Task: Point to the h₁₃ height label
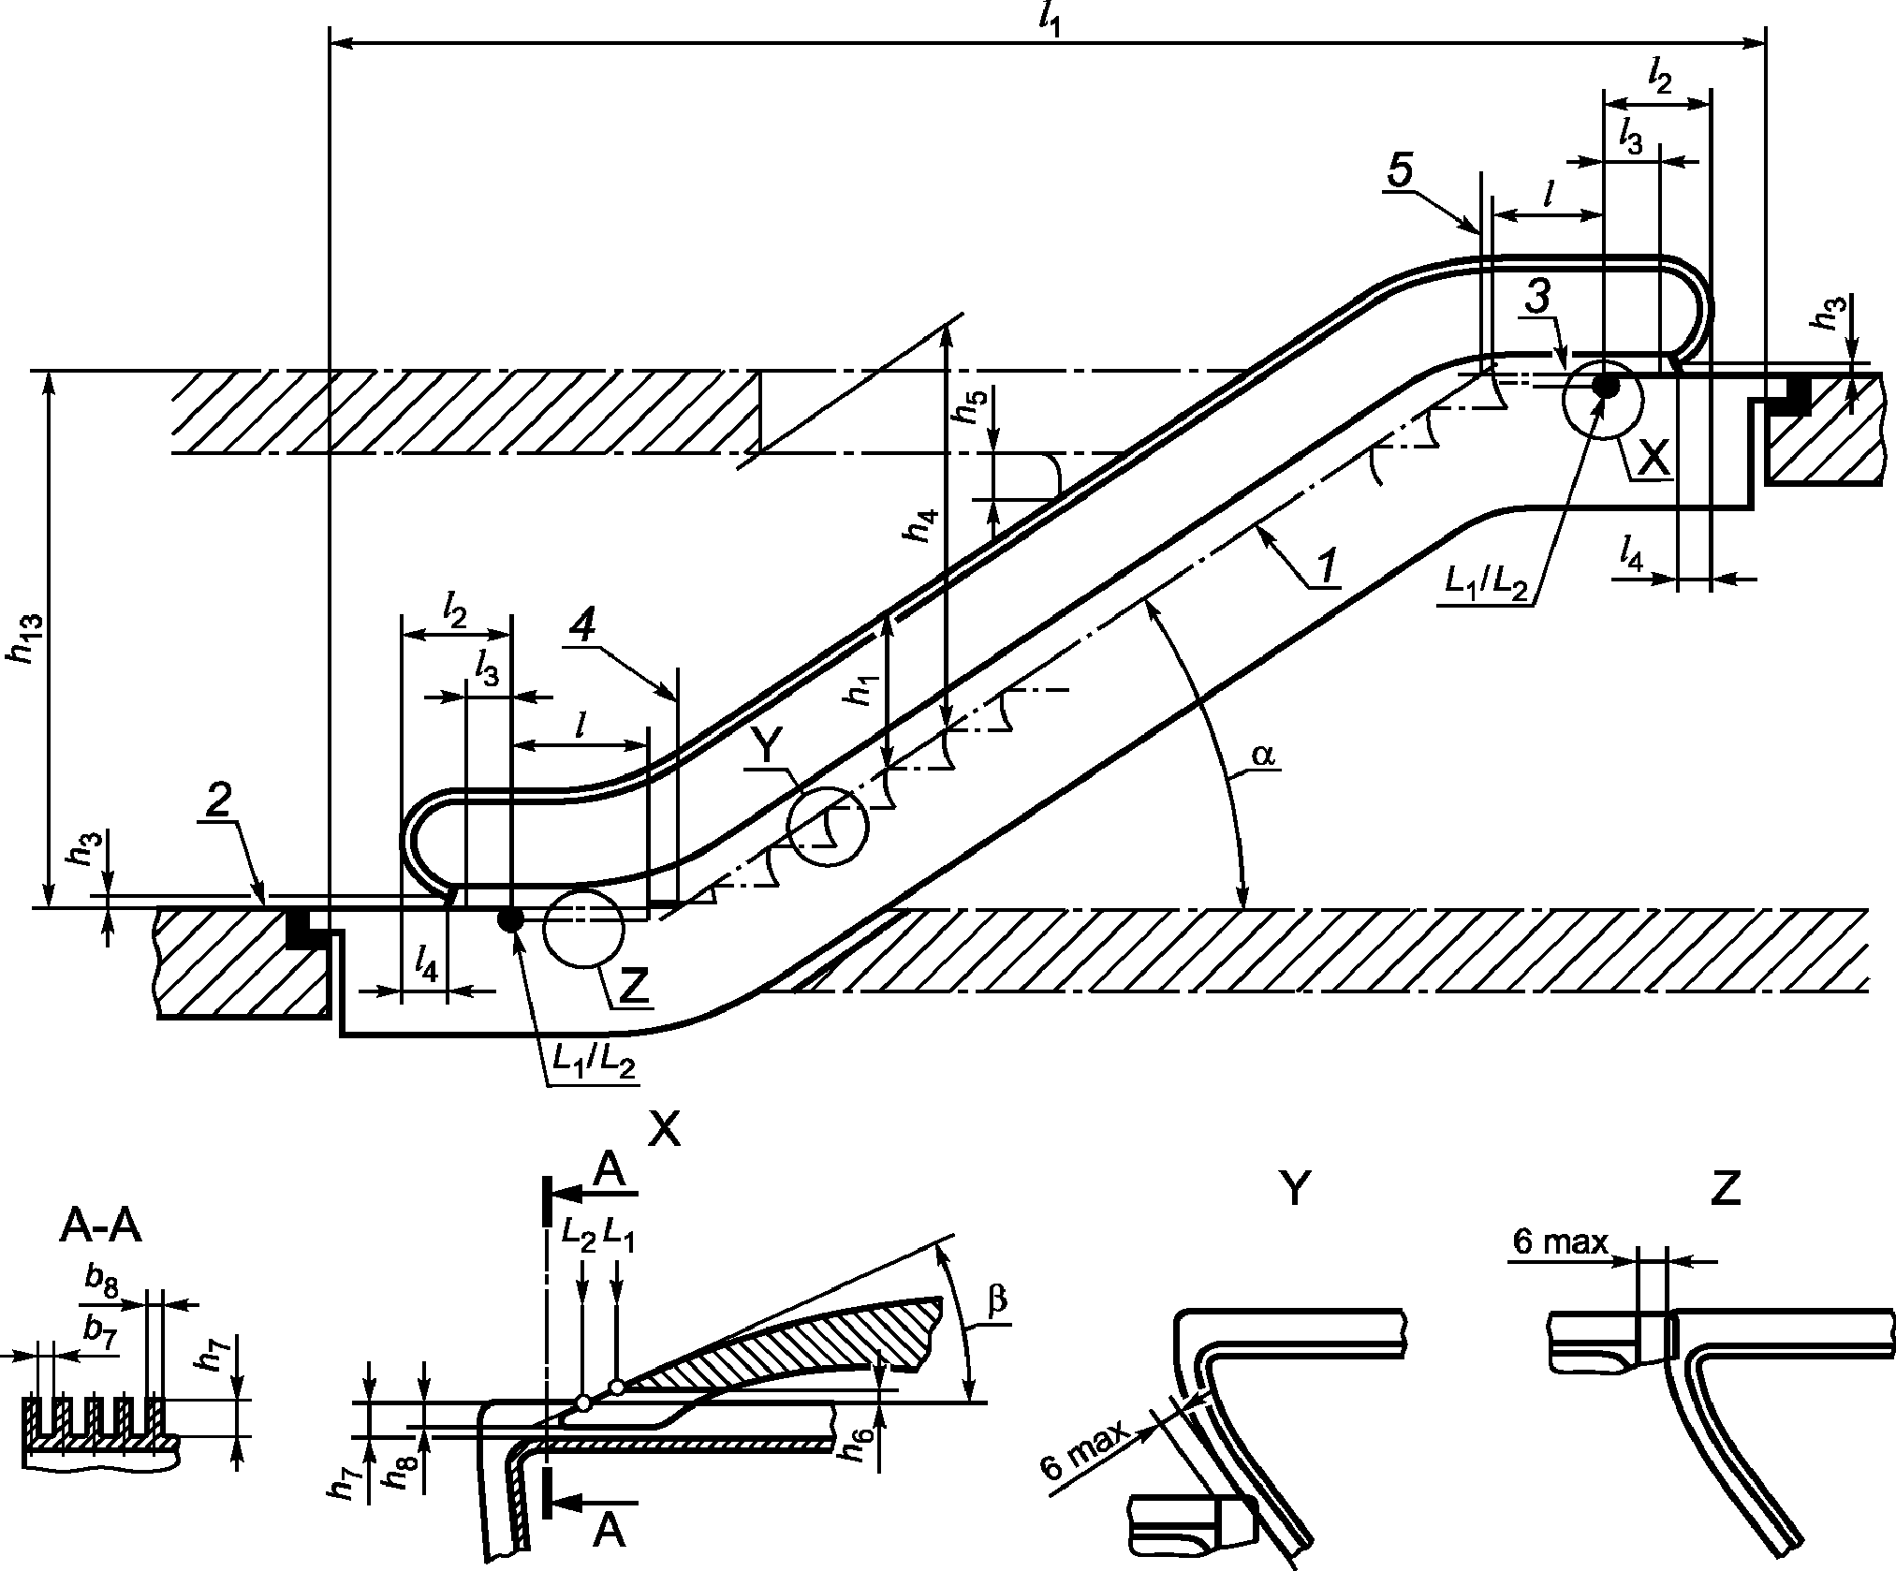point(23,639)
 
